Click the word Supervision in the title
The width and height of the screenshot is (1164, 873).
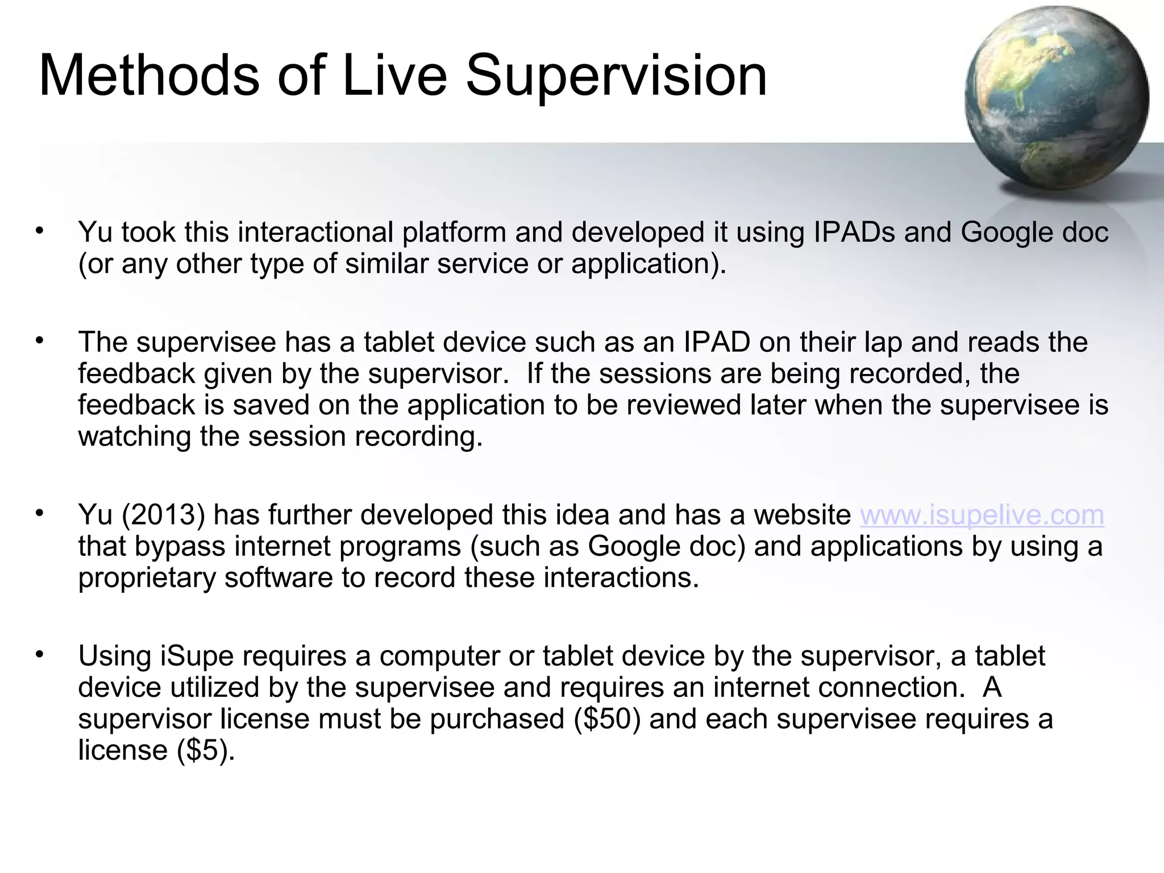[616, 76]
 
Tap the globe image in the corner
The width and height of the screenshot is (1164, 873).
[1056, 98]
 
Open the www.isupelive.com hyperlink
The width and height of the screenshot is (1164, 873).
[982, 515]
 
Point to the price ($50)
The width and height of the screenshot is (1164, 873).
[607, 719]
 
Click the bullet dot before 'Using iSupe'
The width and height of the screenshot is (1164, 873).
[39, 655]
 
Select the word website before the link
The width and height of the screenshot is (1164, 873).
[802, 515]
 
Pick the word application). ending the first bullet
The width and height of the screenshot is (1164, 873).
[648, 264]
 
